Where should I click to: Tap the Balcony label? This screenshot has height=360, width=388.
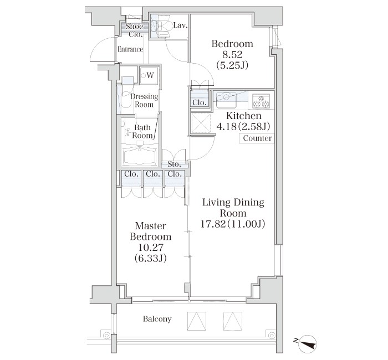click(157, 319)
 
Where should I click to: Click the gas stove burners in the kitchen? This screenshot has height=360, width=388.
click(262, 101)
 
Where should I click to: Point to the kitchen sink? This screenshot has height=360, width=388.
click(227, 100)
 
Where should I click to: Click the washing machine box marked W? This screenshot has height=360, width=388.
click(149, 75)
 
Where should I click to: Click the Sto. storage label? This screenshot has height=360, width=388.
click(174, 164)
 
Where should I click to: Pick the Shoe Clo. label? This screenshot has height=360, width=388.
click(135, 30)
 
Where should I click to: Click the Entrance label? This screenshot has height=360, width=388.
click(130, 49)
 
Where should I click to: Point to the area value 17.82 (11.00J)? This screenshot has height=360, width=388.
click(233, 224)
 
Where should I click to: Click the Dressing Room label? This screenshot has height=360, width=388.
click(144, 100)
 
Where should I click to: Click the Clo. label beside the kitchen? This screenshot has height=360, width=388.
click(200, 102)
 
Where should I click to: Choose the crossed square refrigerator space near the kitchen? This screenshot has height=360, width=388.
click(200, 123)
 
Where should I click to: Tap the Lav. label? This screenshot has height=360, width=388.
click(180, 25)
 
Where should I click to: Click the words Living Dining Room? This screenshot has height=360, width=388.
click(233, 208)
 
